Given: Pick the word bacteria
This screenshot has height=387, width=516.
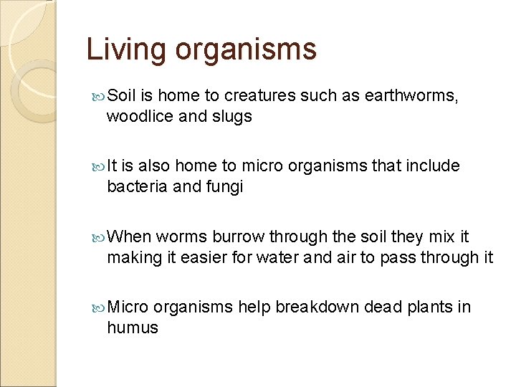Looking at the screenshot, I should [x=136, y=186].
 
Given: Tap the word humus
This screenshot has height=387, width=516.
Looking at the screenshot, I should [x=133, y=328].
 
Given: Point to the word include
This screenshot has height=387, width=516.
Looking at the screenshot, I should [x=433, y=166].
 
